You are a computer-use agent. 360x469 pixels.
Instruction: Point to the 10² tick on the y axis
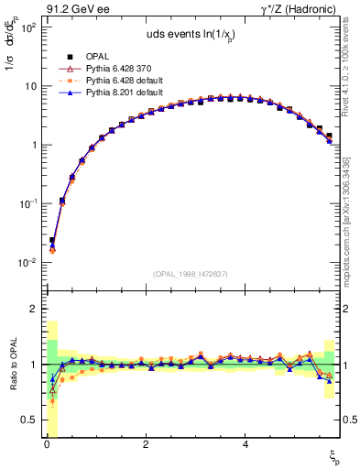click(29, 27)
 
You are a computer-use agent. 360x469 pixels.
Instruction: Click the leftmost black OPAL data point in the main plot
click(52, 240)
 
